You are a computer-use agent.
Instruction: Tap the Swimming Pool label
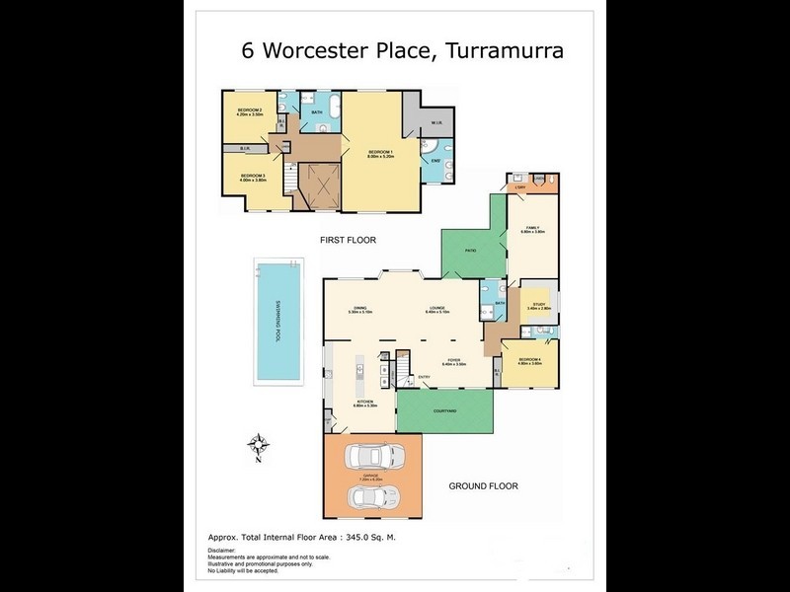[x=279, y=322]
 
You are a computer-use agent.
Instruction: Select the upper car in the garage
[x=373, y=458]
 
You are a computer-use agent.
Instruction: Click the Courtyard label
[x=444, y=410]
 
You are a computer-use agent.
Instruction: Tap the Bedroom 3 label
[x=253, y=176]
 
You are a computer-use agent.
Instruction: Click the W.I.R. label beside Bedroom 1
[x=436, y=123]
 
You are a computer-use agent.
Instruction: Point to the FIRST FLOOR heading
[x=348, y=240]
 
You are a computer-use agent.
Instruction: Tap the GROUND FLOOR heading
[x=483, y=485]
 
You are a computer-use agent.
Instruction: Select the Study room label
[x=539, y=305]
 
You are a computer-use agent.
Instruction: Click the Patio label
[x=471, y=251]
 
